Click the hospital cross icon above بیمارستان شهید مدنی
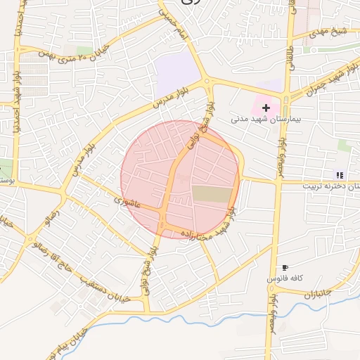[x=266, y=108]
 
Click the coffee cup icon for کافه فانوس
[x=285, y=268]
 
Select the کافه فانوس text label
[x=284, y=279]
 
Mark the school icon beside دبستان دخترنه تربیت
[x=340, y=175]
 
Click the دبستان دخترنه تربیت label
[x=330, y=186]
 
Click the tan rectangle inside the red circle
[x=212, y=195]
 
